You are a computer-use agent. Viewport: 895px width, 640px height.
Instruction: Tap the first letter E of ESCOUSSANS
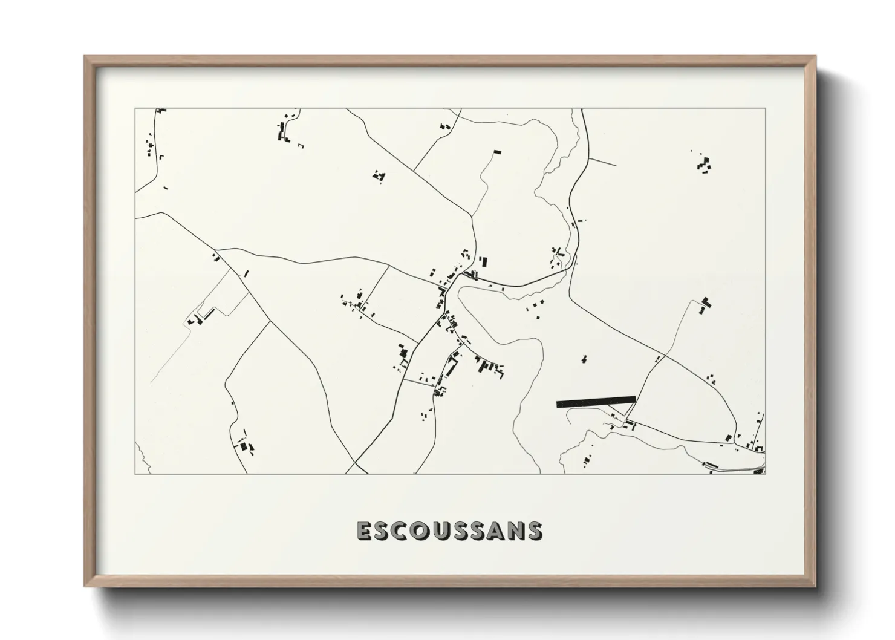365,531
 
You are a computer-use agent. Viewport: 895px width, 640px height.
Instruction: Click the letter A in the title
495,531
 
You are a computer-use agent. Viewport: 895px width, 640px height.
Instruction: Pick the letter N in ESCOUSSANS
515,531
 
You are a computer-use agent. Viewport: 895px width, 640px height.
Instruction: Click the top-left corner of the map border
135,109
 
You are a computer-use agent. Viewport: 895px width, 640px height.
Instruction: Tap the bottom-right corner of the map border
765,474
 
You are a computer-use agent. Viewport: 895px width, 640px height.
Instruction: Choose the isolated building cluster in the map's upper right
704,164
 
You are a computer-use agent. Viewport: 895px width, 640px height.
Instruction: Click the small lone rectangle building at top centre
497,152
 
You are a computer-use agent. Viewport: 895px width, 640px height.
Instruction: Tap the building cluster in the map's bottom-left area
245,446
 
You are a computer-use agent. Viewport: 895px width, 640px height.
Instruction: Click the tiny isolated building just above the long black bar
584,359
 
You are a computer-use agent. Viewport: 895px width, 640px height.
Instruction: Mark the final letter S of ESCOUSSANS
534,531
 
